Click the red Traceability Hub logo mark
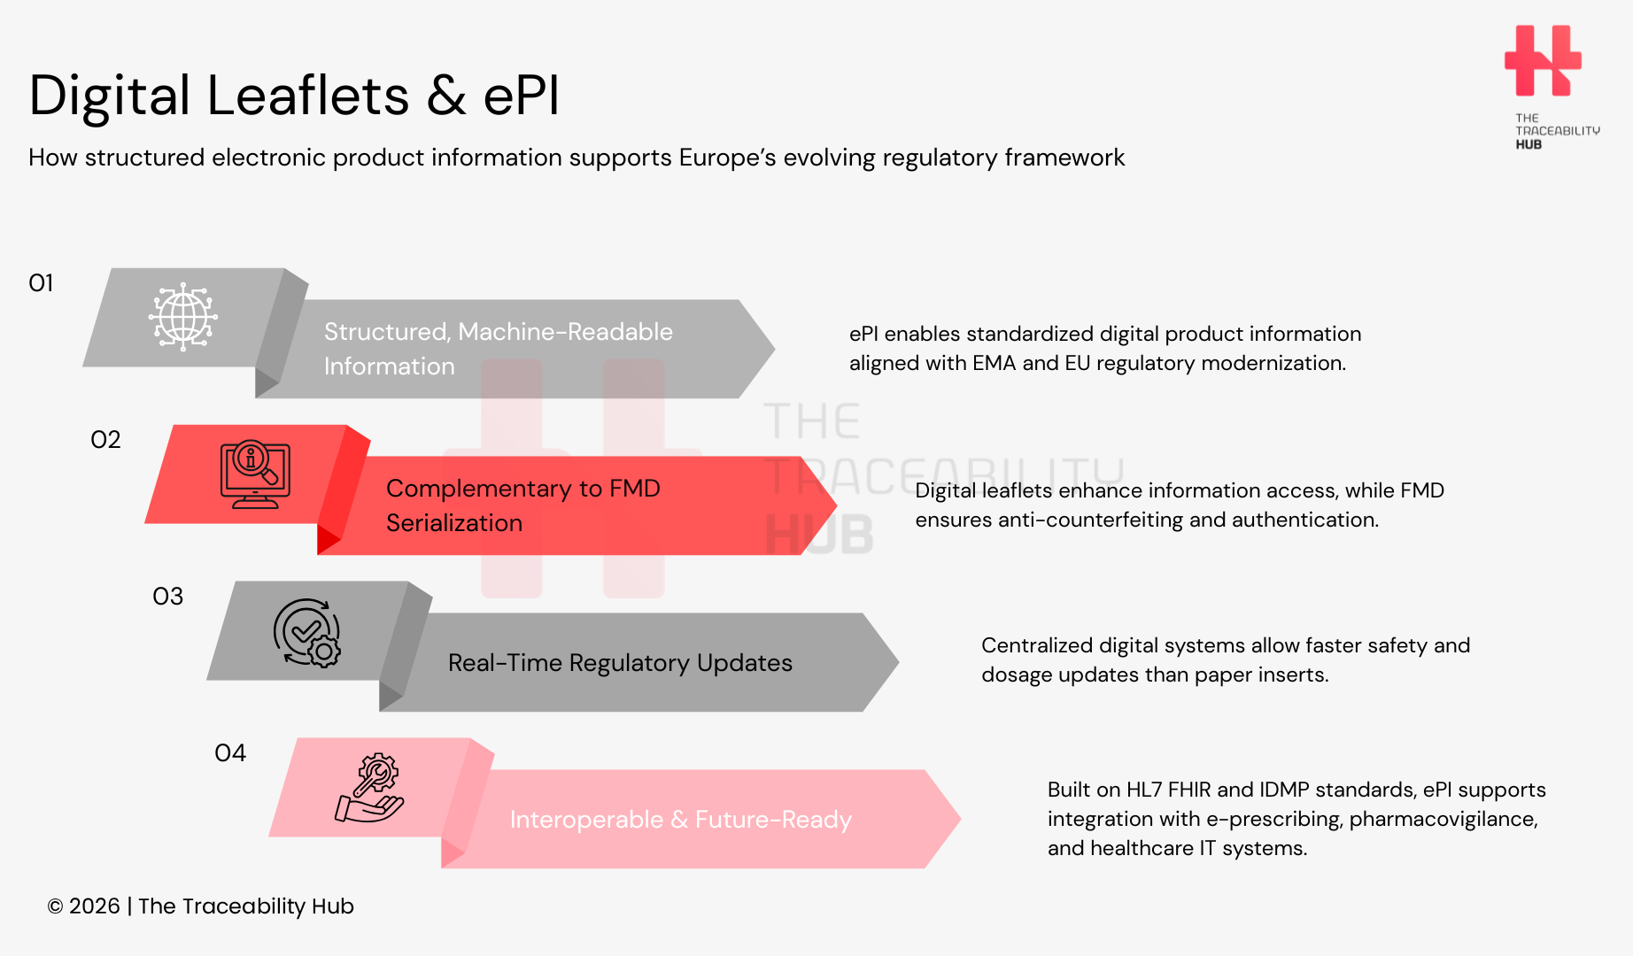tap(1543, 60)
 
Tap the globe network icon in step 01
tap(183, 317)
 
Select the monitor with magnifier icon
tap(255, 474)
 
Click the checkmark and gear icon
tap(307, 632)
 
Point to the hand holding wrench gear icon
tap(370, 788)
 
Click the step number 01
tap(42, 283)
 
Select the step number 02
tap(105, 440)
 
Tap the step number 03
tap(168, 597)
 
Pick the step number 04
tap(230, 753)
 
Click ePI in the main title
tap(522, 96)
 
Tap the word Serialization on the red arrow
tap(454, 523)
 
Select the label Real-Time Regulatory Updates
tap(620, 663)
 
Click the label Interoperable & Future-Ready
tap(680, 820)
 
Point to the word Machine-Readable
tap(566, 332)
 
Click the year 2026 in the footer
tap(94, 906)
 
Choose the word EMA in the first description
tap(994, 363)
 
